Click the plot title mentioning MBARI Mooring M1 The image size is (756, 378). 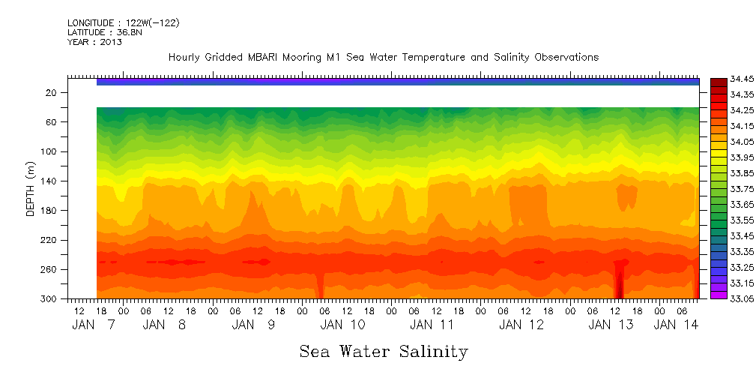coord(383,57)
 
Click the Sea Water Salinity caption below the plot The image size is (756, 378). coord(384,351)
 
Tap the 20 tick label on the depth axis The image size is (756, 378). coord(52,92)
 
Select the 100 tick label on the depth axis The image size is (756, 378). coord(49,151)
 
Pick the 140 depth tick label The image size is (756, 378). coord(49,181)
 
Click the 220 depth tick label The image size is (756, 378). coord(49,240)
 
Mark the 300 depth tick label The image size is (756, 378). coord(49,298)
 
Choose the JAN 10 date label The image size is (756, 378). coord(342,325)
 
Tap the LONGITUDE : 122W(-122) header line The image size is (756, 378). coord(123,23)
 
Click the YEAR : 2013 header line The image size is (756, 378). coord(94,42)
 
